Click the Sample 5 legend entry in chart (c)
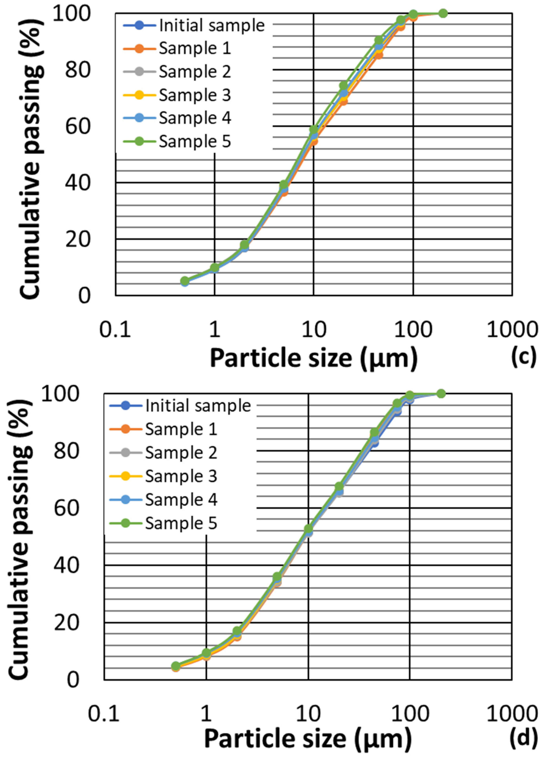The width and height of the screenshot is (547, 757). (x=195, y=142)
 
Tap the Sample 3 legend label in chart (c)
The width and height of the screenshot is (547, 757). (x=195, y=95)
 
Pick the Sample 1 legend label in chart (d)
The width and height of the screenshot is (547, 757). (x=181, y=429)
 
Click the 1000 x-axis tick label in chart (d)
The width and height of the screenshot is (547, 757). (x=511, y=714)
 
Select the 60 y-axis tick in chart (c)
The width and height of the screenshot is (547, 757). (x=77, y=127)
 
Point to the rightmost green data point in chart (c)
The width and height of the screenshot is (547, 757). (x=443, y=13)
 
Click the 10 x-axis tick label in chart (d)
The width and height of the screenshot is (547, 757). (x=308, y=714)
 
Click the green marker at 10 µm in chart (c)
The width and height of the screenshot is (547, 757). (x=314, y=130)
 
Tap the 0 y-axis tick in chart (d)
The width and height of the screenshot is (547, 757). (x=73, y=680)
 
